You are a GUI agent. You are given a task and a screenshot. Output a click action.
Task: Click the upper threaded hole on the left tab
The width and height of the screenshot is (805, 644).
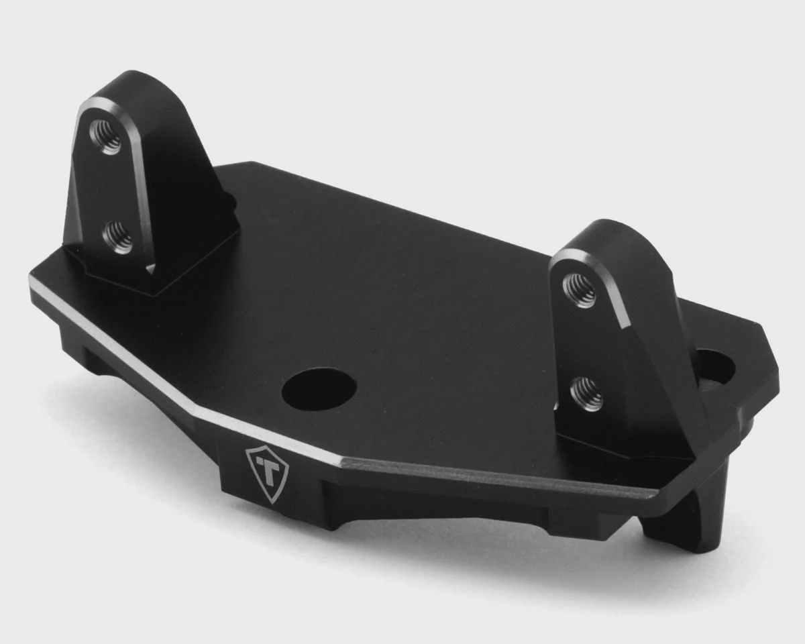[x=106, y=137]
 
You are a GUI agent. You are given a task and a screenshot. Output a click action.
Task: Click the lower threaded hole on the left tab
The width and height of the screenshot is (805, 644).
[x=117, y=237]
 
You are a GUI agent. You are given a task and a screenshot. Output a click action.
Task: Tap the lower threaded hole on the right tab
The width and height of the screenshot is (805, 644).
[x=586, y=393]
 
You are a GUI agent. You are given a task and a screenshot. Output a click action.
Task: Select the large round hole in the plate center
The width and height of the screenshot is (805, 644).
[x=319, y=390]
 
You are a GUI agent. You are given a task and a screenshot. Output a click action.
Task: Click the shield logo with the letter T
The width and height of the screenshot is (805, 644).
[x=267, y=473]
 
